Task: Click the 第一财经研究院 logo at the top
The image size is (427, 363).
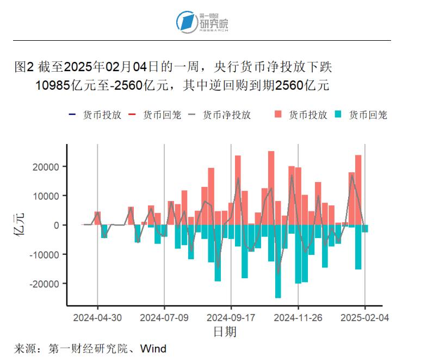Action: tap(202, 22)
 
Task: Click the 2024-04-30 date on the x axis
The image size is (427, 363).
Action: tap(97, 317)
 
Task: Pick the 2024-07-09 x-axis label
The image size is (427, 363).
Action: tap(164, 317)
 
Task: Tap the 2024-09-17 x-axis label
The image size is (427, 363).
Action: tap(231, 317)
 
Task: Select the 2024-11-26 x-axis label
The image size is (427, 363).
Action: tap(298, 317)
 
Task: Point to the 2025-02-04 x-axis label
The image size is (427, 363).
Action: tap(364, 317)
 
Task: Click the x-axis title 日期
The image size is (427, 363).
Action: tap(224, 331)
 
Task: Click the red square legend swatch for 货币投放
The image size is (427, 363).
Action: tap(279, 115)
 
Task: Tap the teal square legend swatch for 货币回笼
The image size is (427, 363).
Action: tap(338, 115)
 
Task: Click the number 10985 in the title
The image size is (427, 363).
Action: tap(53, 85)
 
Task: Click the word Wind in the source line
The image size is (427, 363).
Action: tap(153, 348)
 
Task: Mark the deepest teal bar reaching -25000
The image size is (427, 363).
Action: tap(278, 261)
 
